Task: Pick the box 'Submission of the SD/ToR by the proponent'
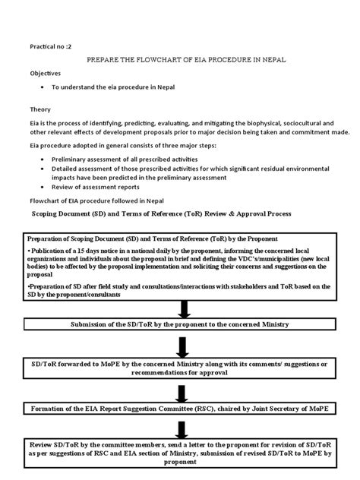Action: coord(180,324)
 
